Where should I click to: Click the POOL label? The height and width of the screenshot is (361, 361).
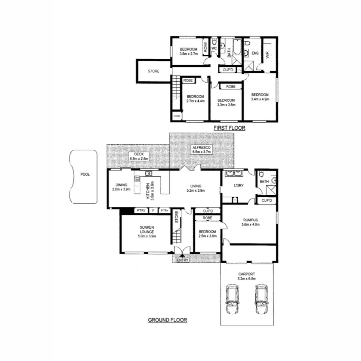pos(85,174)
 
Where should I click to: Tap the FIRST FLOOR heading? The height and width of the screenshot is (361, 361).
pos(230,128)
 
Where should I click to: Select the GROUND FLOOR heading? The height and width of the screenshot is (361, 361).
pos(168,320)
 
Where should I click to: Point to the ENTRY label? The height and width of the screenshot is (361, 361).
pos(183,260)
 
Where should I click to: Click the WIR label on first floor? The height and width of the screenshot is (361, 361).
pos(267,55)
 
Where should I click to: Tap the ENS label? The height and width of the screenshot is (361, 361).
pos(255,53)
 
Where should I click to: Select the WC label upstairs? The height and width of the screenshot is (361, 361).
pos(214,48)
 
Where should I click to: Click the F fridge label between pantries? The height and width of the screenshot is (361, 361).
pos(153,211)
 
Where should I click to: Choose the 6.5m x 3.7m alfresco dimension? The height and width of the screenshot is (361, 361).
pos(202,152)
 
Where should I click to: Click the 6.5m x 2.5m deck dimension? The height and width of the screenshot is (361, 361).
pos(139,159)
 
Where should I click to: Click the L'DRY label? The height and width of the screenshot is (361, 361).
pos(239,186)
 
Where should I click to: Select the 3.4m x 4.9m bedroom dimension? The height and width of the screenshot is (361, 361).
pos(260,99)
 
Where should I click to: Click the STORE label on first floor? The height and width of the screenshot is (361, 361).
pos(153,71)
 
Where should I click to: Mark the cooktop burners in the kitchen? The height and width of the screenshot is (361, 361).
pos(137,178)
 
